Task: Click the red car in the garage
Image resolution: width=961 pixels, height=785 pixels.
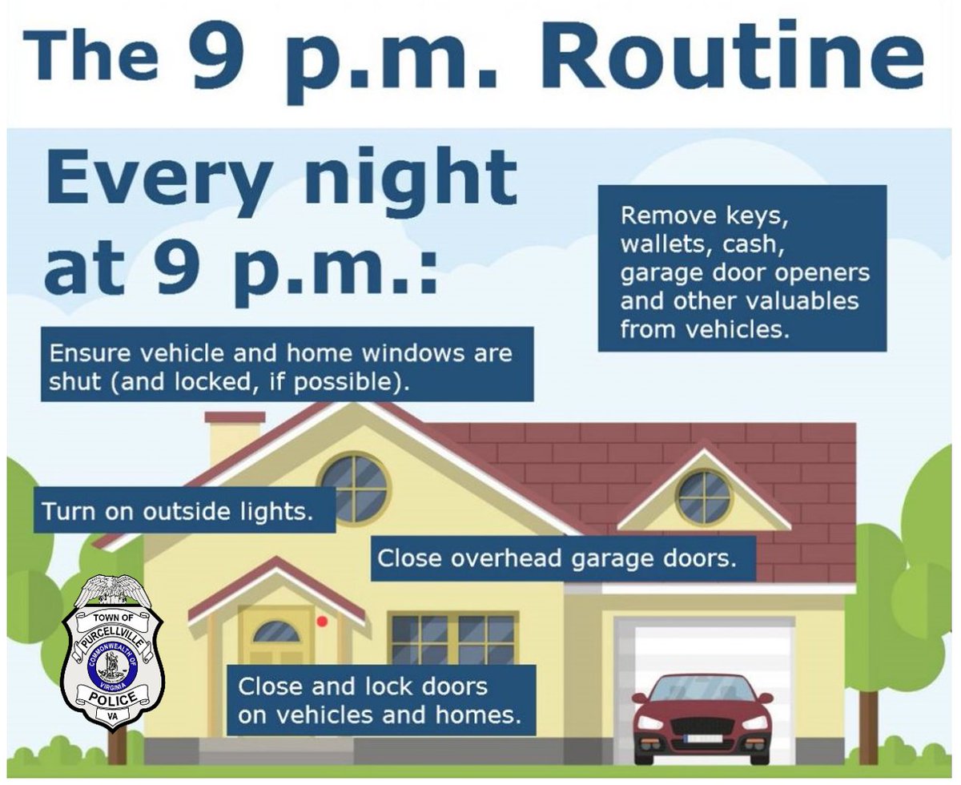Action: [702, 718]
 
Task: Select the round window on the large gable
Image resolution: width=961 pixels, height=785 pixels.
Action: [354, 488]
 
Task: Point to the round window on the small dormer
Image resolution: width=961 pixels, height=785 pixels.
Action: [704, 497]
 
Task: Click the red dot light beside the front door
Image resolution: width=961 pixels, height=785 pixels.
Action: [322, 621]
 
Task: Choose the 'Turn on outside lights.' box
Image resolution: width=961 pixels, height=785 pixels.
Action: [184, 511]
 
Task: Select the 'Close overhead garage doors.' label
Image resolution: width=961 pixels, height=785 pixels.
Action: [564, 558]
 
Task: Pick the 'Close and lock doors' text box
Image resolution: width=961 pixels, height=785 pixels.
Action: [381, 699]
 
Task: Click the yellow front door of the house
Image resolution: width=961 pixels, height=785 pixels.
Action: [275, 641]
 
